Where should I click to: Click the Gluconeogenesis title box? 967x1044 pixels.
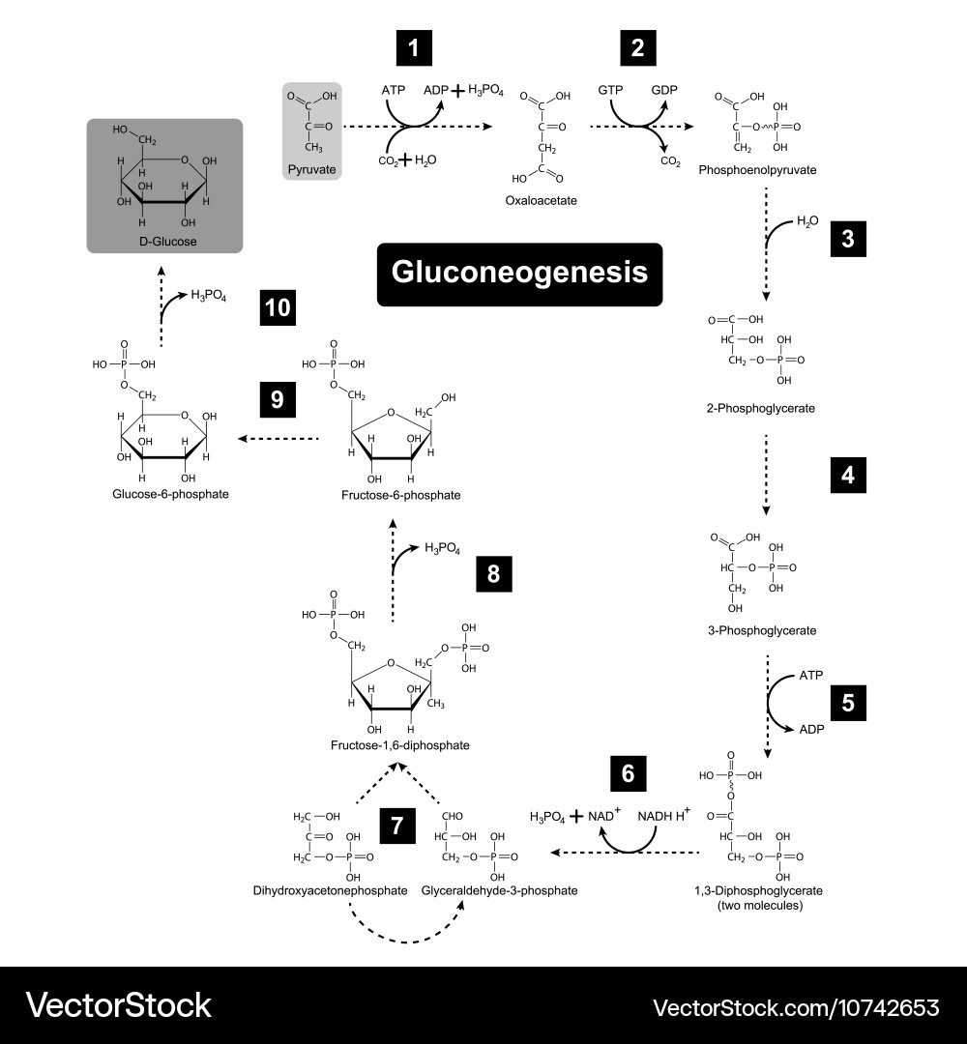click(519, 274)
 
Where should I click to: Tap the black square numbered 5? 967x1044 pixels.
click(848, 702)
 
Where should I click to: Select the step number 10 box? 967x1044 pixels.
click(278, 308)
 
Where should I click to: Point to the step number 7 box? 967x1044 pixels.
click(397, 826)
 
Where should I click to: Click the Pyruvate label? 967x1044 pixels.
click(311, 169)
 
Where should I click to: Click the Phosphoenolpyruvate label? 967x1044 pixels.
click(757, 170)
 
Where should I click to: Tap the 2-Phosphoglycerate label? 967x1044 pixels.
click(760, 408)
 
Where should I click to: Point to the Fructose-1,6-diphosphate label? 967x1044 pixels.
click(399, 745)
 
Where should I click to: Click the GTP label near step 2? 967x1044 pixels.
click(610, 90)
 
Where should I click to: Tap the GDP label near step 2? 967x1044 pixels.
click(664, 90)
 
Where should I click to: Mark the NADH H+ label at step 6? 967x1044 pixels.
click(661, 816)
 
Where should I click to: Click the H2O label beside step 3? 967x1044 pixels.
click(807, 221)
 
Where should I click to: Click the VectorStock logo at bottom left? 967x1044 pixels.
click(119, 1005)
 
